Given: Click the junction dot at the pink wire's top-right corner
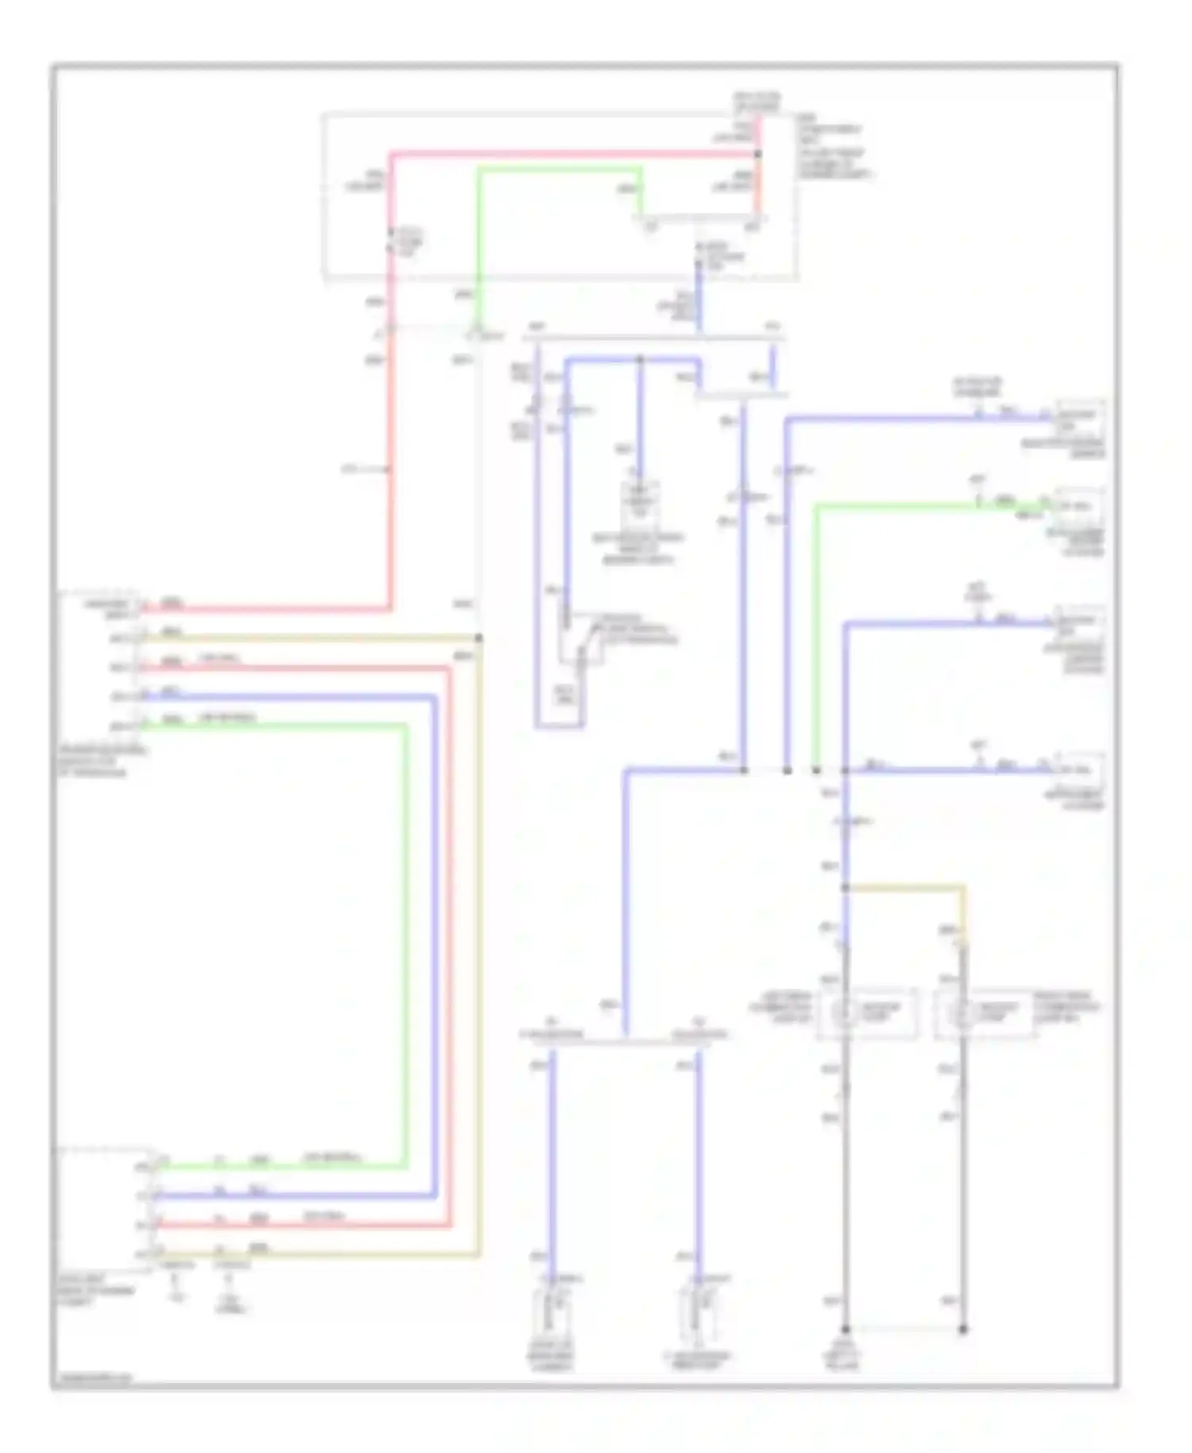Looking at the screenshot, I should (x=757, y=154).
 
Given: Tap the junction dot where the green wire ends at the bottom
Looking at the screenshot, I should (x=816, y=770).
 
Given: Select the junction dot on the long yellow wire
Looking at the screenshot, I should (x=478, y=638).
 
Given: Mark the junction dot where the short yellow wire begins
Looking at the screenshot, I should (x=845, y=887).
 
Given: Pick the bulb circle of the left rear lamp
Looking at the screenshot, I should (x=844, y=1013).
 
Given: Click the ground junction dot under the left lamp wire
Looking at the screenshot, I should (x=845, y=1329).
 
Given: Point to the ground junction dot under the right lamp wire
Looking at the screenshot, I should (x=962, y=1329).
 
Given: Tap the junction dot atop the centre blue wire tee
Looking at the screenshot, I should (x=641, y=360).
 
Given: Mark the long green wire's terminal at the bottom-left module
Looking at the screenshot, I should (x=156, y=1166).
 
